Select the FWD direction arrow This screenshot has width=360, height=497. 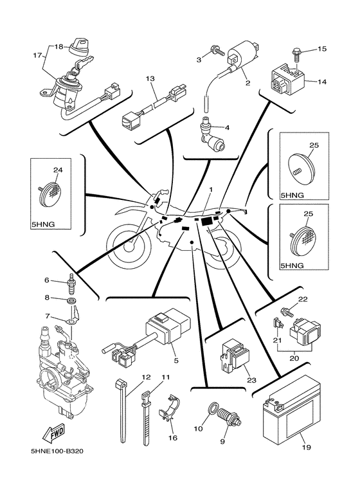54,433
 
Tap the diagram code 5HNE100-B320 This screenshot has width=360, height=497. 57,451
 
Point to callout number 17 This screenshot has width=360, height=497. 37,55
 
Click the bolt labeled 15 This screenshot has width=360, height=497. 295,55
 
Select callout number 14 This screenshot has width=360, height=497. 321,82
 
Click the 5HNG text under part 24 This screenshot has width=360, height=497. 43,224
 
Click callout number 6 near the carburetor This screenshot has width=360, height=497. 47,280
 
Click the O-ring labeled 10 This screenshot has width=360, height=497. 214,408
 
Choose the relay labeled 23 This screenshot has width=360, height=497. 235,355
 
